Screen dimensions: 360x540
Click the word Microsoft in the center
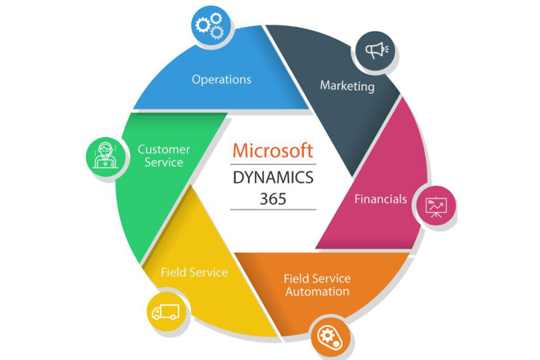(x=273, y=151)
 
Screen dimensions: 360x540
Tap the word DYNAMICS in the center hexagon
(x=273, y=177)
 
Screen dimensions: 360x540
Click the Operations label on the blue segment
(x=221, y=80)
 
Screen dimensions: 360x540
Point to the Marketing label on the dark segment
(x=347, y=85)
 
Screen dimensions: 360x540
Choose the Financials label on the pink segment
(x=380, y=199)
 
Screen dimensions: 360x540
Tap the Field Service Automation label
(x=317, y=285)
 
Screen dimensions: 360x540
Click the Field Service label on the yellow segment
(x=194, y=273)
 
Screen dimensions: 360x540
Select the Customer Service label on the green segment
(x=163, y=156)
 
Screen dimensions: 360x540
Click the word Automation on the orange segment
(x=317, y=291)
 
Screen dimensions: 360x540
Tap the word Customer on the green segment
(x=163, y=149)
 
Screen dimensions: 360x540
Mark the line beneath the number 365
(x=273, y=209)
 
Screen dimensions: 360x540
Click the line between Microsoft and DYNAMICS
(x=273, y=164)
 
